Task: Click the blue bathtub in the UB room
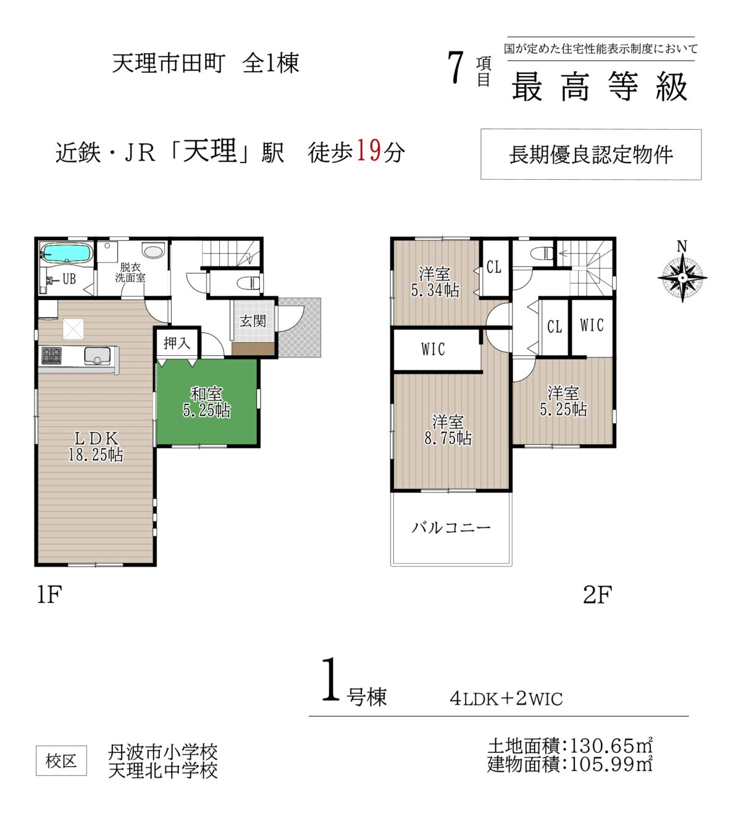click(66, 253)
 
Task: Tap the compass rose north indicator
click(682, 271)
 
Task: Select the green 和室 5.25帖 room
click(207, 402)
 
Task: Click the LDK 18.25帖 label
click(96, 446)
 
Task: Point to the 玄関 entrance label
click(253, 321)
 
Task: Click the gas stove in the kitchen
click(51, 355)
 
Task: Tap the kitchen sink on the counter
click(97, 356)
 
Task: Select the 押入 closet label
click(177, 343)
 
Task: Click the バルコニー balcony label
click(451, 528)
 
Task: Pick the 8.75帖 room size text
click(448, 438)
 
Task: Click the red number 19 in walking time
click(369, 151)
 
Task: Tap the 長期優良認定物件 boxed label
click(590, 154)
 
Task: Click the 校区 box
click(61, 760)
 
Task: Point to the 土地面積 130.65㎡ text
click(570, 746)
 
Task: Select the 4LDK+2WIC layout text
click(506, 699)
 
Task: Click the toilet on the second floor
click(542, 253)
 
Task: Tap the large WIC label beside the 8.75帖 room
click(433, 349)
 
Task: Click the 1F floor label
click(49, 595)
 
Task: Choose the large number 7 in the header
click(456, 68)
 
